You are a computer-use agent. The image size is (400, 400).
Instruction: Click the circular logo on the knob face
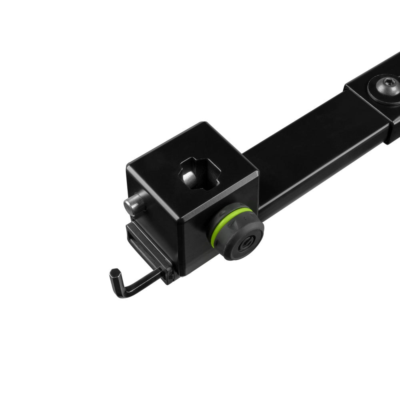(245, 244)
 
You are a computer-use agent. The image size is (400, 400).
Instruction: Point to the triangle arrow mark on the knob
(234, 226)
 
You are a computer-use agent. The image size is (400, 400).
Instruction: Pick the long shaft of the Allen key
(142, 282)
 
